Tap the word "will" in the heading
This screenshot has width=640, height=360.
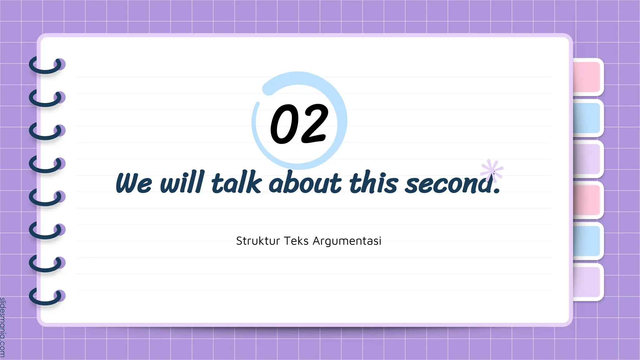click(182, 182)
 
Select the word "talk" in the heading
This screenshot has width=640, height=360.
click(236, 182)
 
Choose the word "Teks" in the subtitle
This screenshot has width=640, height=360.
click(296, 241)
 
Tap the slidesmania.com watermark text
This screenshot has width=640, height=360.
click(3, 327)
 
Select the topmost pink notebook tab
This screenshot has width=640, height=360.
click(587, 77)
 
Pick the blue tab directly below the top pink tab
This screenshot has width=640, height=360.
click(587, 118)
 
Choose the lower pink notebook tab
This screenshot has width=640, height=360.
click(587, 200)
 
